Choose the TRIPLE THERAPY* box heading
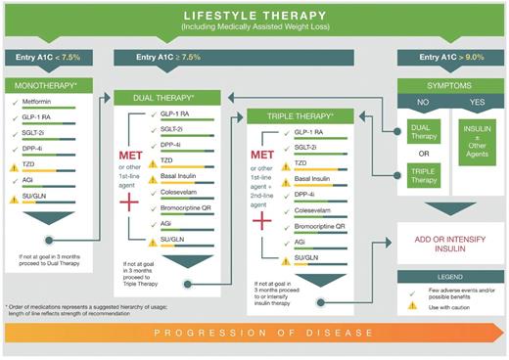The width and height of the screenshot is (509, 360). (293, 115)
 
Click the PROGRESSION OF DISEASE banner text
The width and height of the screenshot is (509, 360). (254, 344)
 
